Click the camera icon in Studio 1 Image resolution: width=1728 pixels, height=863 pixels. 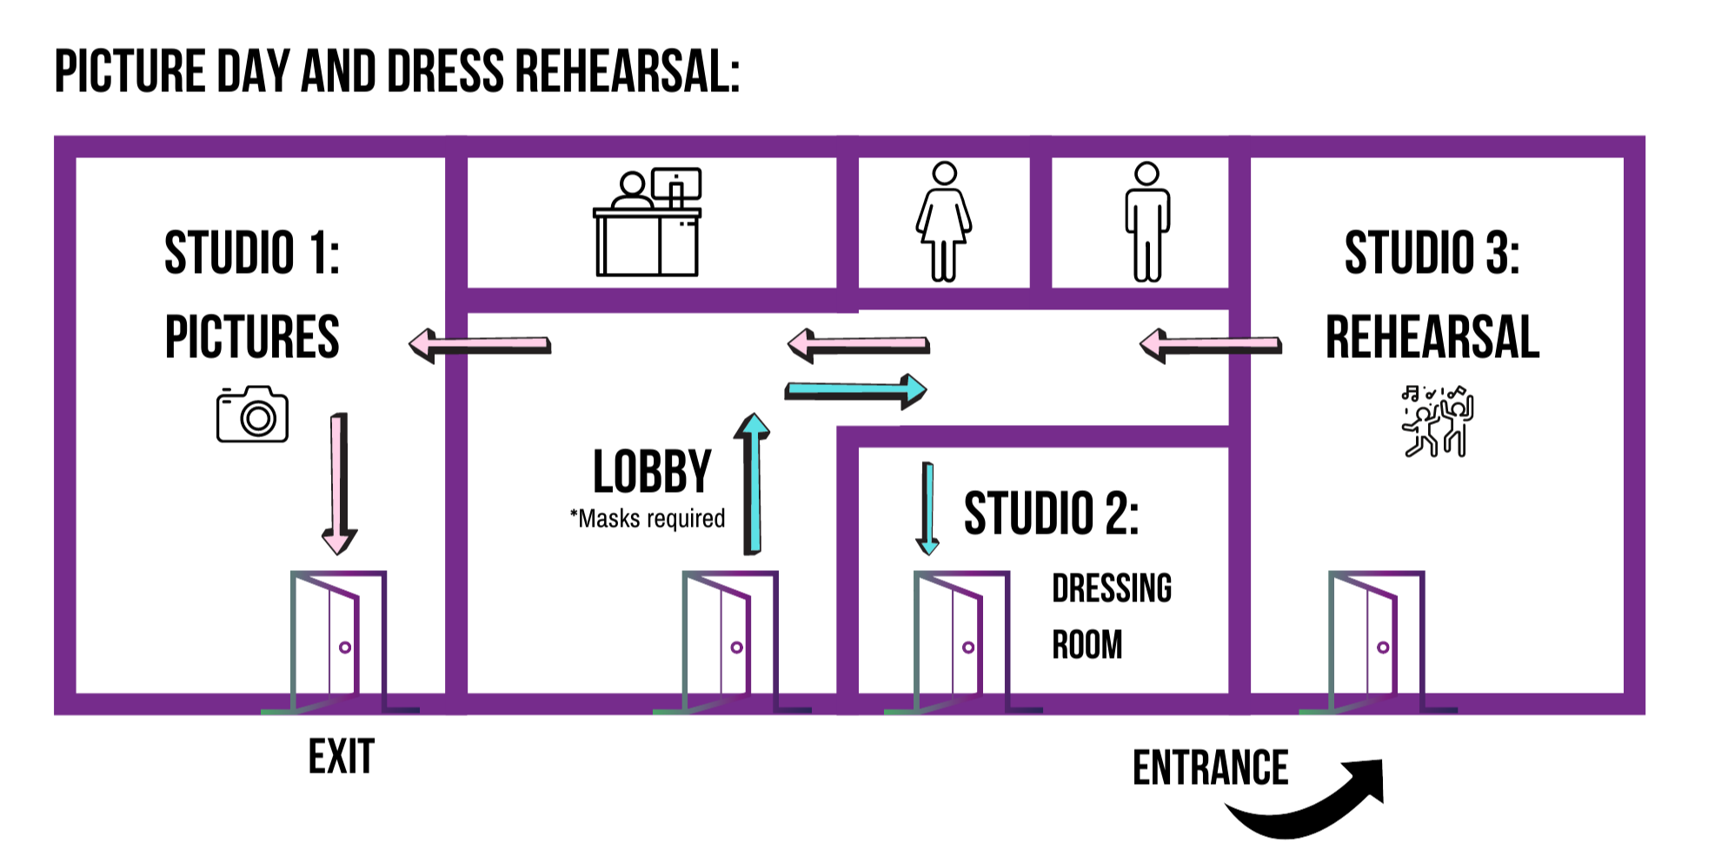252,415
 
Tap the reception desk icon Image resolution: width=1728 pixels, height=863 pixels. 648,222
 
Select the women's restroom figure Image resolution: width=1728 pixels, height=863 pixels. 944,222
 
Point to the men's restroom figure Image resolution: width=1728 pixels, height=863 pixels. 1147,222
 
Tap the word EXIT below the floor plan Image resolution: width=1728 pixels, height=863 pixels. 342,756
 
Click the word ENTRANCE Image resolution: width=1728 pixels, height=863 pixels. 1210,767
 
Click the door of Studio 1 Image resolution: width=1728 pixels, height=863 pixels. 339,641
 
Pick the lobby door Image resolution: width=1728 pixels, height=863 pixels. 731,641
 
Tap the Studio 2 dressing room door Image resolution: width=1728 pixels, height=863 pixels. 962,641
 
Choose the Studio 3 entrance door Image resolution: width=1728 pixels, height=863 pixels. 1377,641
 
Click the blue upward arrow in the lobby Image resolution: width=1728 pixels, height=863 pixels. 753,484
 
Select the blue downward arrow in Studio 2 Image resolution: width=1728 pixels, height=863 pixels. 927,508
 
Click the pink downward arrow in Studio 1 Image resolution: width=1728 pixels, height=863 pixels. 339,484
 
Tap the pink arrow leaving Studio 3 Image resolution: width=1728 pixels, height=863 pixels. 1211,345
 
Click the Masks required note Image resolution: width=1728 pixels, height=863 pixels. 648,519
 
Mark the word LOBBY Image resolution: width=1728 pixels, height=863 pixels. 652,472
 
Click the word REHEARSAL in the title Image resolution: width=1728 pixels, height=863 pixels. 628,71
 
